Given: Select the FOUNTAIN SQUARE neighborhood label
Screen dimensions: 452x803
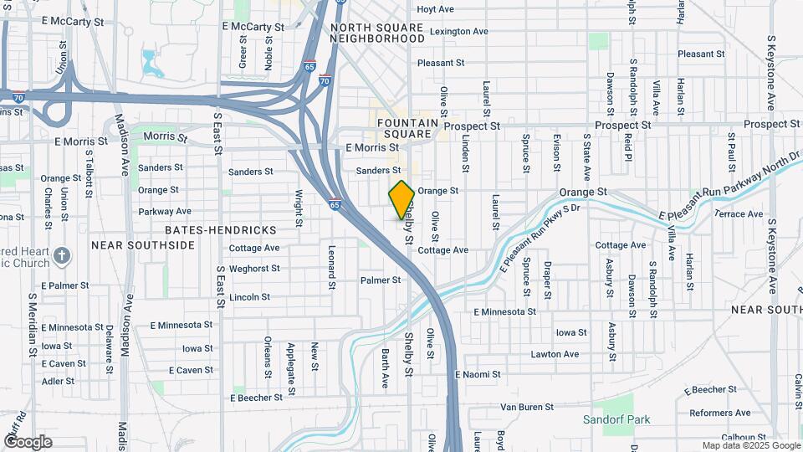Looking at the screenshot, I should (x=407, y=128).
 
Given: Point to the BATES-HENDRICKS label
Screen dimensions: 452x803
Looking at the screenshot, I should (x=220, y=229).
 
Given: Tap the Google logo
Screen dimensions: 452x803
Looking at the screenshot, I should (x=28, y=441).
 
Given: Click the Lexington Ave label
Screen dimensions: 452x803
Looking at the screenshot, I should (x=458, y=32).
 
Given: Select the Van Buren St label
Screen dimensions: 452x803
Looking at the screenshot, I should (x=528, y=407).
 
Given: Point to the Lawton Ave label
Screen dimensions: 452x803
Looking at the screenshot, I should (x=555, y=354).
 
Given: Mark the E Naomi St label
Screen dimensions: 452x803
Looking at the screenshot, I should (x=477, y=374).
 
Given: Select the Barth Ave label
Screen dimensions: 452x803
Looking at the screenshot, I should (x=386, y=368).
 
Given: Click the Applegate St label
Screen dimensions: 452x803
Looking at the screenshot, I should (x=291, y=368).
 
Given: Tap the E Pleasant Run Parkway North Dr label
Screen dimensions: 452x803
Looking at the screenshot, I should (x=729, y=189).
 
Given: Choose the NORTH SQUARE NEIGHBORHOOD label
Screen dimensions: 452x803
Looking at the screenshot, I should (x=378, y=33).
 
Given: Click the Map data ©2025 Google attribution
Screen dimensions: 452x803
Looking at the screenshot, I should (x=750, y=445).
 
